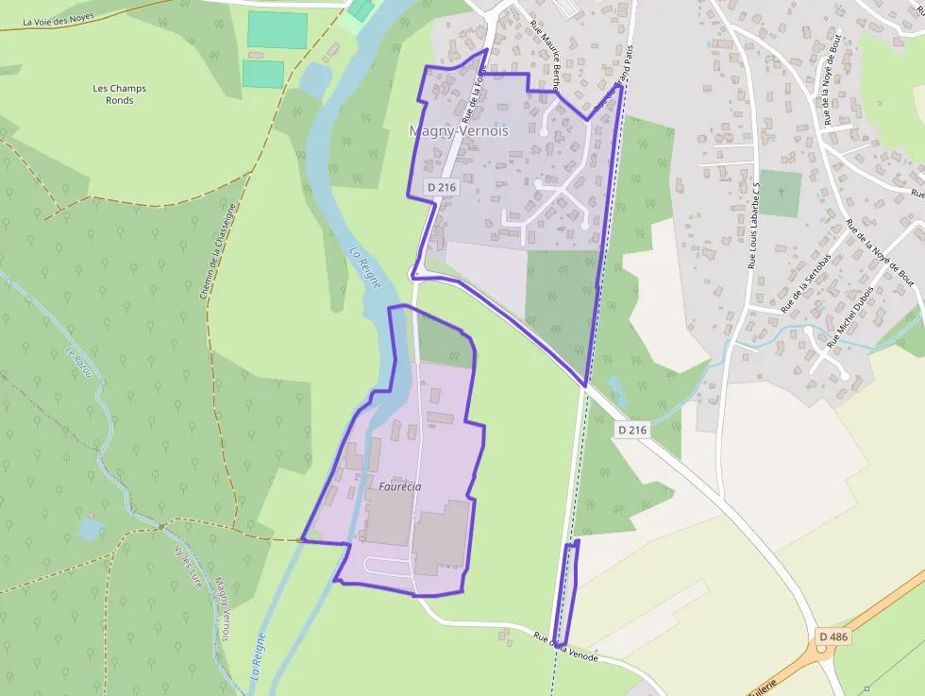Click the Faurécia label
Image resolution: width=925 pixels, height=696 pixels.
[399, 487]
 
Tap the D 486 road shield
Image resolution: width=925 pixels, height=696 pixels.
[833, 637]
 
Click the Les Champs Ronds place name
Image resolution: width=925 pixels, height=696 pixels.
[120, 94]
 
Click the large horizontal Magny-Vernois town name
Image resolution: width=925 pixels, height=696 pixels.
[459, 131]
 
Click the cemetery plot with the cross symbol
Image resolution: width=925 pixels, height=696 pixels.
[780, 193]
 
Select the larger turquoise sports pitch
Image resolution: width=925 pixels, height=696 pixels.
[277, 30]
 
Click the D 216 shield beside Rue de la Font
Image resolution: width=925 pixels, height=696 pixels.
[442, 187]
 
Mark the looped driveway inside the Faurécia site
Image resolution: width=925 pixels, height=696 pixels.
[388, 567]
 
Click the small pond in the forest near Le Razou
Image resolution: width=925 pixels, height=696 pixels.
[92, 528]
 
